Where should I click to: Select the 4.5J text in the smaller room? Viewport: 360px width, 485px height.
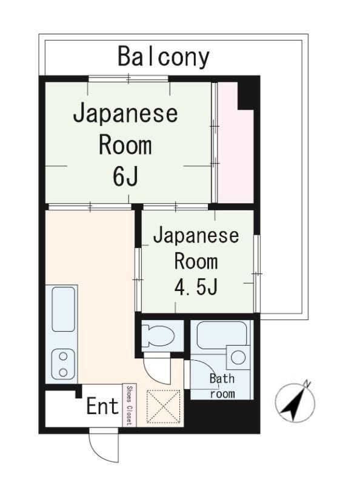[x=195, y=286]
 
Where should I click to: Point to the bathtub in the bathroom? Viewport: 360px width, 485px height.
[x=222, y=336]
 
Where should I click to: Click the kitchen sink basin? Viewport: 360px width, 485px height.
[x=63, y=309]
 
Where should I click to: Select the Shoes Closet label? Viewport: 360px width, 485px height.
[x=128, y=405]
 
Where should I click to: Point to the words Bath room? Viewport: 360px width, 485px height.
[x=222, y=386]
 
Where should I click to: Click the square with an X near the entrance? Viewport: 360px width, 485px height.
[x=164, y=406]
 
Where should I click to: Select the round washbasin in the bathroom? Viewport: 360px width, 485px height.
[x=238, y=357]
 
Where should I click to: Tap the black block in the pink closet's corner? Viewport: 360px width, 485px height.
[x=247, y=95]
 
